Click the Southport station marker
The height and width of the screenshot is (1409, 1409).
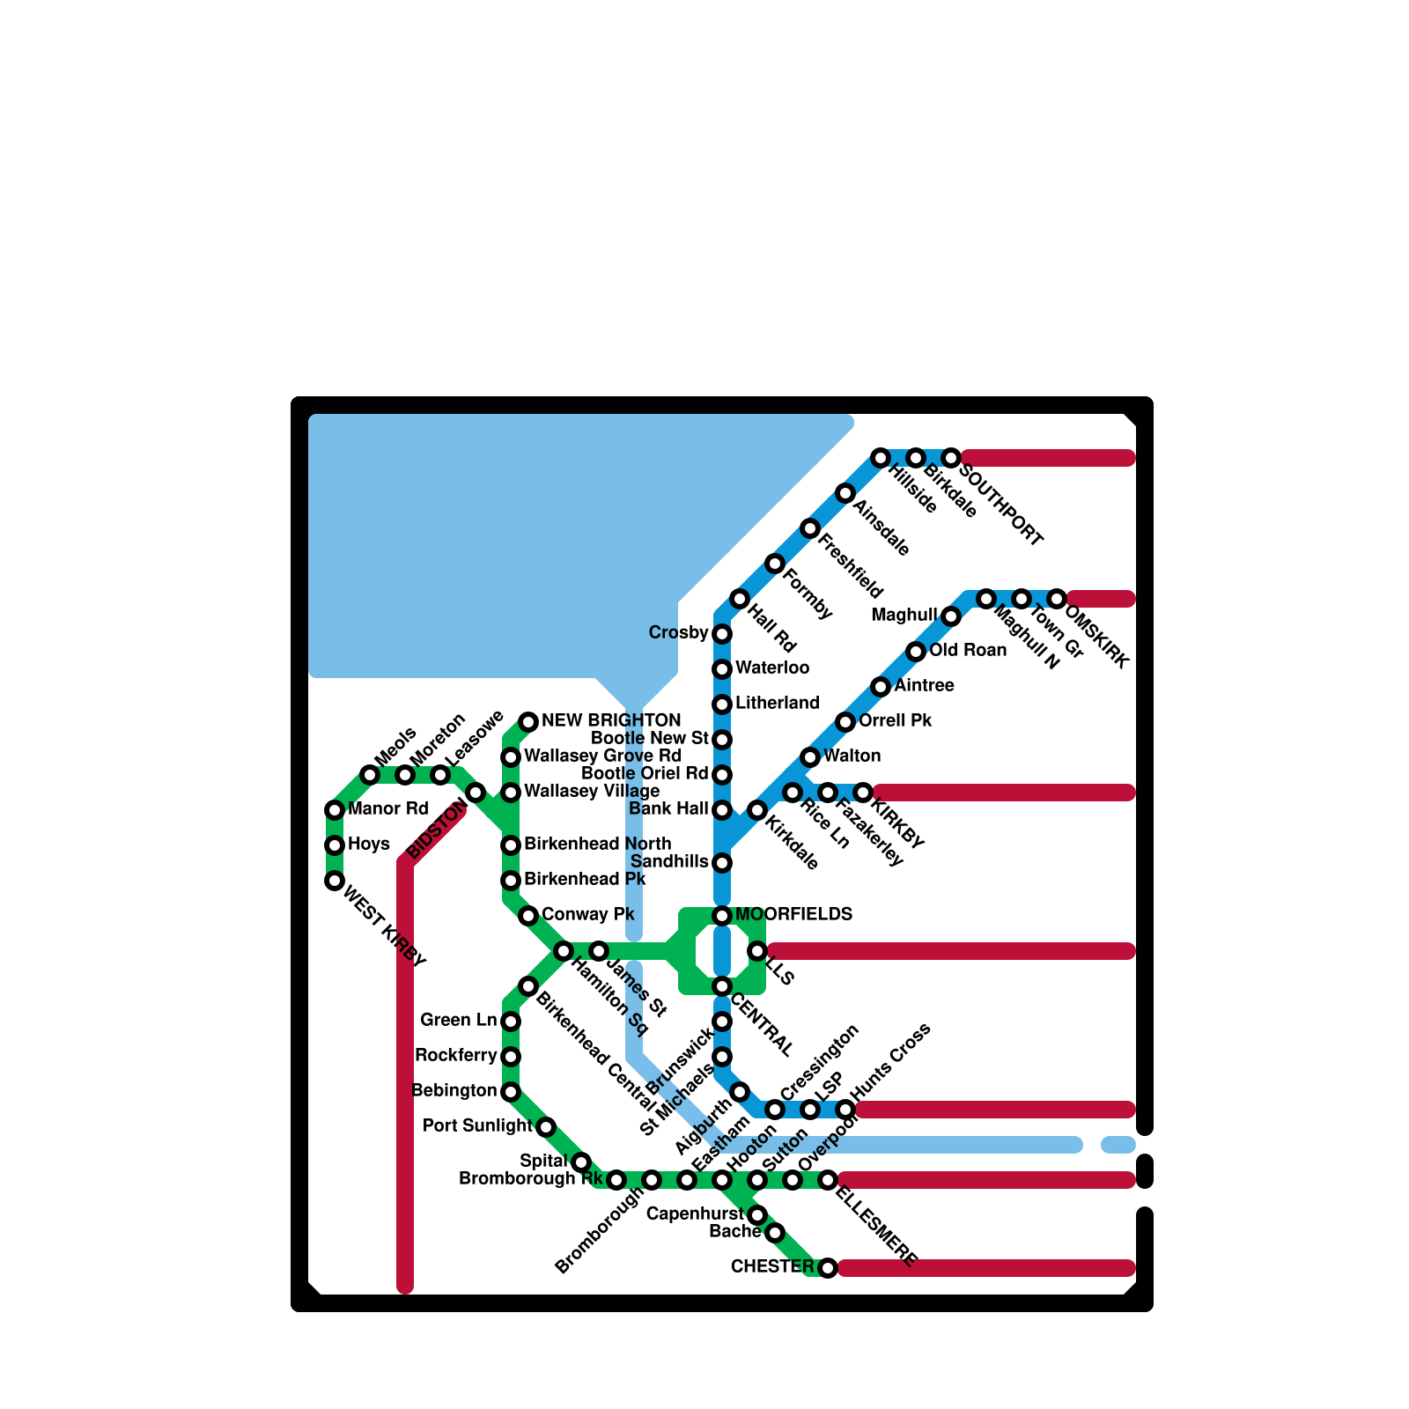point(951,458)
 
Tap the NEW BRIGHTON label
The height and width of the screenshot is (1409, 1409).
point(611,720)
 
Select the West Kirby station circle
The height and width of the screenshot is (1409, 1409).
point(335,881)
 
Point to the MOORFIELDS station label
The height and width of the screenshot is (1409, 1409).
point(793,914)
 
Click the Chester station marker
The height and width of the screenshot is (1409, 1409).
point(828,1268)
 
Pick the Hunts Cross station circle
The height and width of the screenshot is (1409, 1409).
point(845,1109)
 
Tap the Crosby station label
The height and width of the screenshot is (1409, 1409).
point(678,632)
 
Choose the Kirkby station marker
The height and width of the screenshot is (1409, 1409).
point(864,793)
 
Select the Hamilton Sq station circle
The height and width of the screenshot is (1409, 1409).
point(564,951)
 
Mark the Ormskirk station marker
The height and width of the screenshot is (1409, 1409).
point(1057,599)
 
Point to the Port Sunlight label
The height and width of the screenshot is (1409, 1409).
point(477,1125)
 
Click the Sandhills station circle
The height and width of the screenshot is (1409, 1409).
point(722,863)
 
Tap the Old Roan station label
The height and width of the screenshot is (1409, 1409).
point(968,650)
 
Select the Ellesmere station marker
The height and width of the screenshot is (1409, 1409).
point(828,1180)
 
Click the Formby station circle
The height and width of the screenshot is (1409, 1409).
point(775,564)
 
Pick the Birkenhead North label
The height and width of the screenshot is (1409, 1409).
point(597,844)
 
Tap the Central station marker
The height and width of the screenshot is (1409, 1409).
point(722,986)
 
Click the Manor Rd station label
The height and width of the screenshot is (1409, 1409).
point(387,808)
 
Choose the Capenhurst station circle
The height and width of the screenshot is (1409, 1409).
point(757,1216)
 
